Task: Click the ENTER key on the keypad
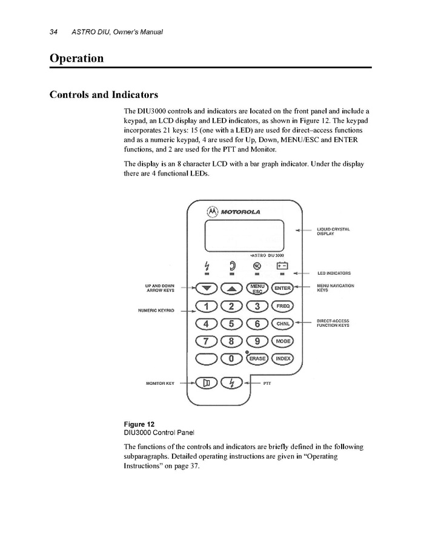point(282,288)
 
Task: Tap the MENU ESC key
point(257,288)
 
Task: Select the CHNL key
point(282,324)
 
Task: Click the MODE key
point(282,341)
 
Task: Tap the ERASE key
point(257,359)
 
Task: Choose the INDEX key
point(282,359)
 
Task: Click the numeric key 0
point(231,359)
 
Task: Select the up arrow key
point(231,288)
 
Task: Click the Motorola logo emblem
point(212,212)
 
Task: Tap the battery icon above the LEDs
point(282,265)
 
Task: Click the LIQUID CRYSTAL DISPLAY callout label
point(333,231)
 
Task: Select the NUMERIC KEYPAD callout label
point(156,310)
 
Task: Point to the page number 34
point(53,31)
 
